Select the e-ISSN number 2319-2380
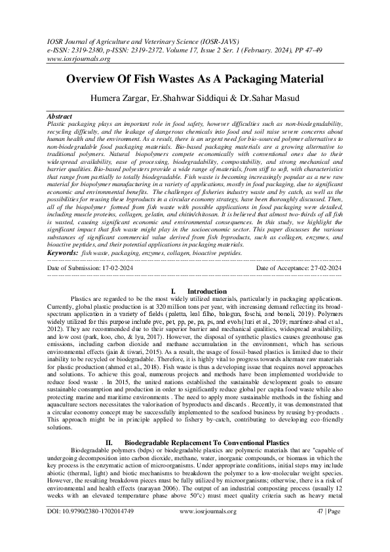[90, 49]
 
